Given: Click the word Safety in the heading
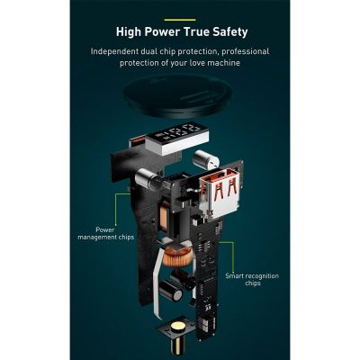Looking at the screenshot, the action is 230,32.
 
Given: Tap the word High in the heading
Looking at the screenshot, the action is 129,32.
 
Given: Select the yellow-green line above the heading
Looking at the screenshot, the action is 180,20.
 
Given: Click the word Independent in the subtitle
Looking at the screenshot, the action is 114,51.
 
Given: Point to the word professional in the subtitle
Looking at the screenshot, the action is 246,51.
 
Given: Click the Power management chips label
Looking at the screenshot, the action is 105,233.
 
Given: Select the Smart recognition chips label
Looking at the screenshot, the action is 252,280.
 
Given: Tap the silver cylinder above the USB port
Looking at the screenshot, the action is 205,159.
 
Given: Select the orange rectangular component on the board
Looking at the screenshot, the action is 164,215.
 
